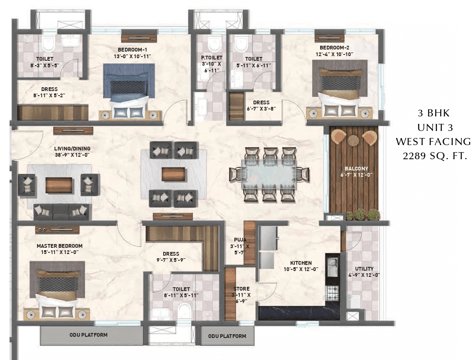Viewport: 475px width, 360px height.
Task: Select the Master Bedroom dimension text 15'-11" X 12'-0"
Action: [x=59, y=252]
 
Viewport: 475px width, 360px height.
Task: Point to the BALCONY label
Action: [x=356, y=168]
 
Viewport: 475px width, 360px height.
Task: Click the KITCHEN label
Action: [x=301, y=263]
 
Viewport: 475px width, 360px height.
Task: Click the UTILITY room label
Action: [x=364, y=269]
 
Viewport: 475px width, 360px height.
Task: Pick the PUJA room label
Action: [x=240, y=240]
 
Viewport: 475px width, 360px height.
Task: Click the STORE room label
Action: [x=241, y=288]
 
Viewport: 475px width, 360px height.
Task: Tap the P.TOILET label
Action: [x=211, y=57]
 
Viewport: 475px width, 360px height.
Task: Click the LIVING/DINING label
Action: [x=72, y=148]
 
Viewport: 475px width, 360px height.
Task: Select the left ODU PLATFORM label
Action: [x=88, y=335]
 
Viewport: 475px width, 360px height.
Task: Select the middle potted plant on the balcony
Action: [x=361, y=215]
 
